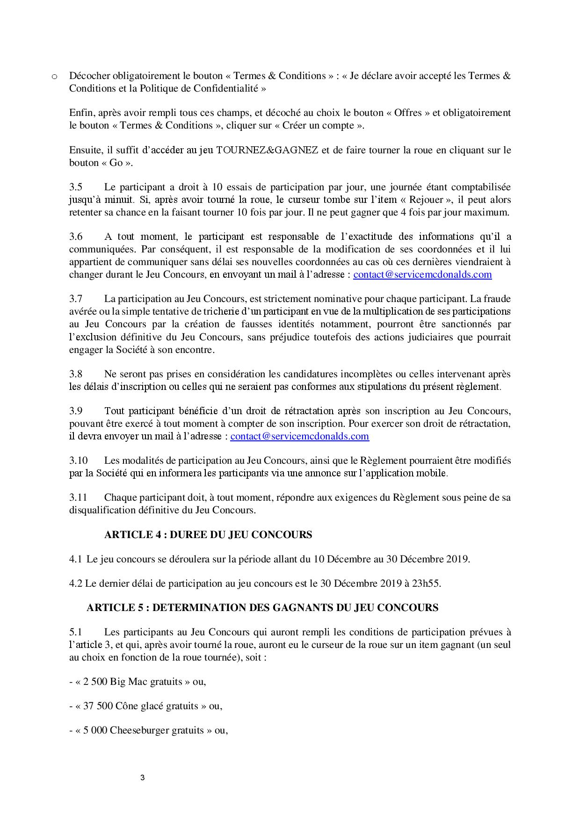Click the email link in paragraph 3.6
point(422,274)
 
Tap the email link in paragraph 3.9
point(299,436)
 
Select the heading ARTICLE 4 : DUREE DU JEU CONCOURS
point(208,534)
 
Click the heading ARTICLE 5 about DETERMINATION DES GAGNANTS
point(262,608)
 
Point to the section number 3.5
point(76,187)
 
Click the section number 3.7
point(76,299)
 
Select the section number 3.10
point(78,460)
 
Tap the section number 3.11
point(78,497)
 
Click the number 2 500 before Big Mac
point(94,682)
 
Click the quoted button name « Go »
point(116,163)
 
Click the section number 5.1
point(76,632)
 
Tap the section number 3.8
point(76,374)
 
